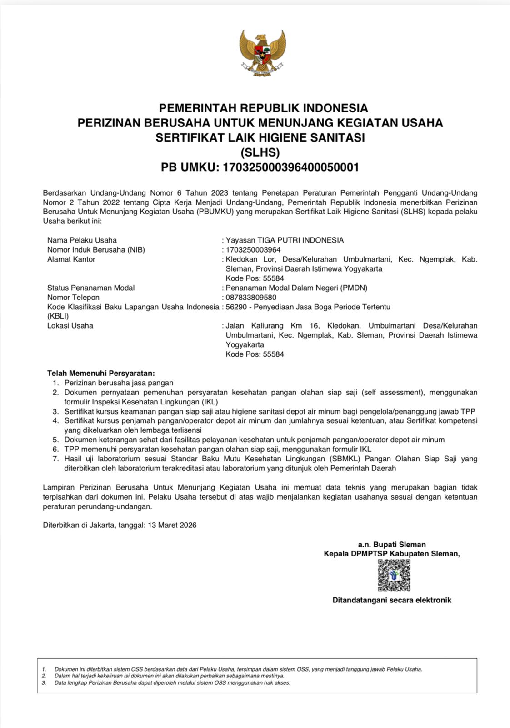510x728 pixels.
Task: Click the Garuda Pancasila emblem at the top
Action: click(262, 53)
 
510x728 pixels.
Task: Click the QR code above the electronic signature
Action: click(394, 576)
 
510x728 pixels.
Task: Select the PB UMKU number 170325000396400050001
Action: click(290, 167)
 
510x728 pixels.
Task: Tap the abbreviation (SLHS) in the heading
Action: click(260, 152)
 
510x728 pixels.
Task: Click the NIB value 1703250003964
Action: click(253, 250)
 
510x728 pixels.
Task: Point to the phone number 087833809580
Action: click(251, 298)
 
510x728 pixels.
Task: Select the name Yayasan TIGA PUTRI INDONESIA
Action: click(285, 240)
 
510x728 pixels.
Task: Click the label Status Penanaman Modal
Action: click(91, 288)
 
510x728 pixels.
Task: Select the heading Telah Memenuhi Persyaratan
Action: click(101, 374)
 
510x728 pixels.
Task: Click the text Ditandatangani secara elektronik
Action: click(392, 600)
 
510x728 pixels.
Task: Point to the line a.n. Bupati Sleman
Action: click(392, 545)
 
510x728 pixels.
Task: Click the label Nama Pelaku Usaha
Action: click(82, 240)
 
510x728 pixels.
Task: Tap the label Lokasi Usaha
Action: click(70, 326)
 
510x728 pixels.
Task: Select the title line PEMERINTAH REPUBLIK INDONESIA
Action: click(263, 108)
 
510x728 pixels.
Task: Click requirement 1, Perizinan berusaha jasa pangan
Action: click(119, 383)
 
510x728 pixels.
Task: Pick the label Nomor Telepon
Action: click(73, 298)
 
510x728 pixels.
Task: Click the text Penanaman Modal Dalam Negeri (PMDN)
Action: click(296, 288)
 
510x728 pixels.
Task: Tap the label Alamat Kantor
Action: click(71, 259)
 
